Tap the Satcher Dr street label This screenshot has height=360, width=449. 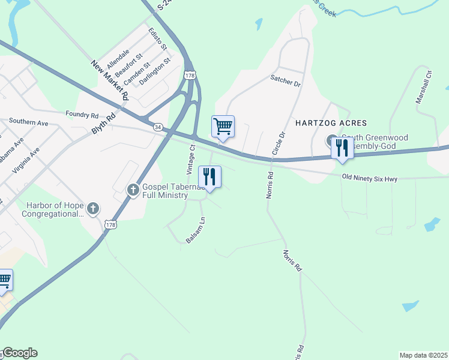coord(285,80)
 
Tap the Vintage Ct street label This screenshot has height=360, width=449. coord(191,159)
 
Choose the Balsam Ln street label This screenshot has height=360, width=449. coord(195,230)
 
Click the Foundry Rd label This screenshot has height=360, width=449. coord(82,115)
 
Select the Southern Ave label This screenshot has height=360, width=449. coord(28,122)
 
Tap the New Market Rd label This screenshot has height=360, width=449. coord(110,79)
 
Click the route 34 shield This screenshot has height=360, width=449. coord(157,127)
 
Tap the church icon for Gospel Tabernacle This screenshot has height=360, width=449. coord(133,190)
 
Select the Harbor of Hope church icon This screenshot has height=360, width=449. coord(92,209)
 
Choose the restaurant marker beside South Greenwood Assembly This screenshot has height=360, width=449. coord(342,148)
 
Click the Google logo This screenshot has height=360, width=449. coord(19,353)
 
